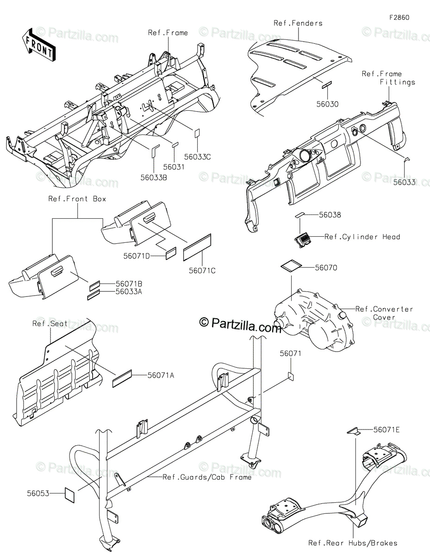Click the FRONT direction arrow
(x=38, y=44)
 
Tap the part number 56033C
(x=198, y=157)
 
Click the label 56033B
(x=154, y=176)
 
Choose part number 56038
(x=330, y=215)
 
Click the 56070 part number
(x=326, y=267)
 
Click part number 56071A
(x=161, y=375)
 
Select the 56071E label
(x=387, y=430)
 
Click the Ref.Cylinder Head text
(x=362, y=237)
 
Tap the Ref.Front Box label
(x=77, y=199)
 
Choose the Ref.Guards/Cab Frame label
(x=207, y=477)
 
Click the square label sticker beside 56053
(x=70, y=494)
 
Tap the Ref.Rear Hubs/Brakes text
(x=353, y=543)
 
